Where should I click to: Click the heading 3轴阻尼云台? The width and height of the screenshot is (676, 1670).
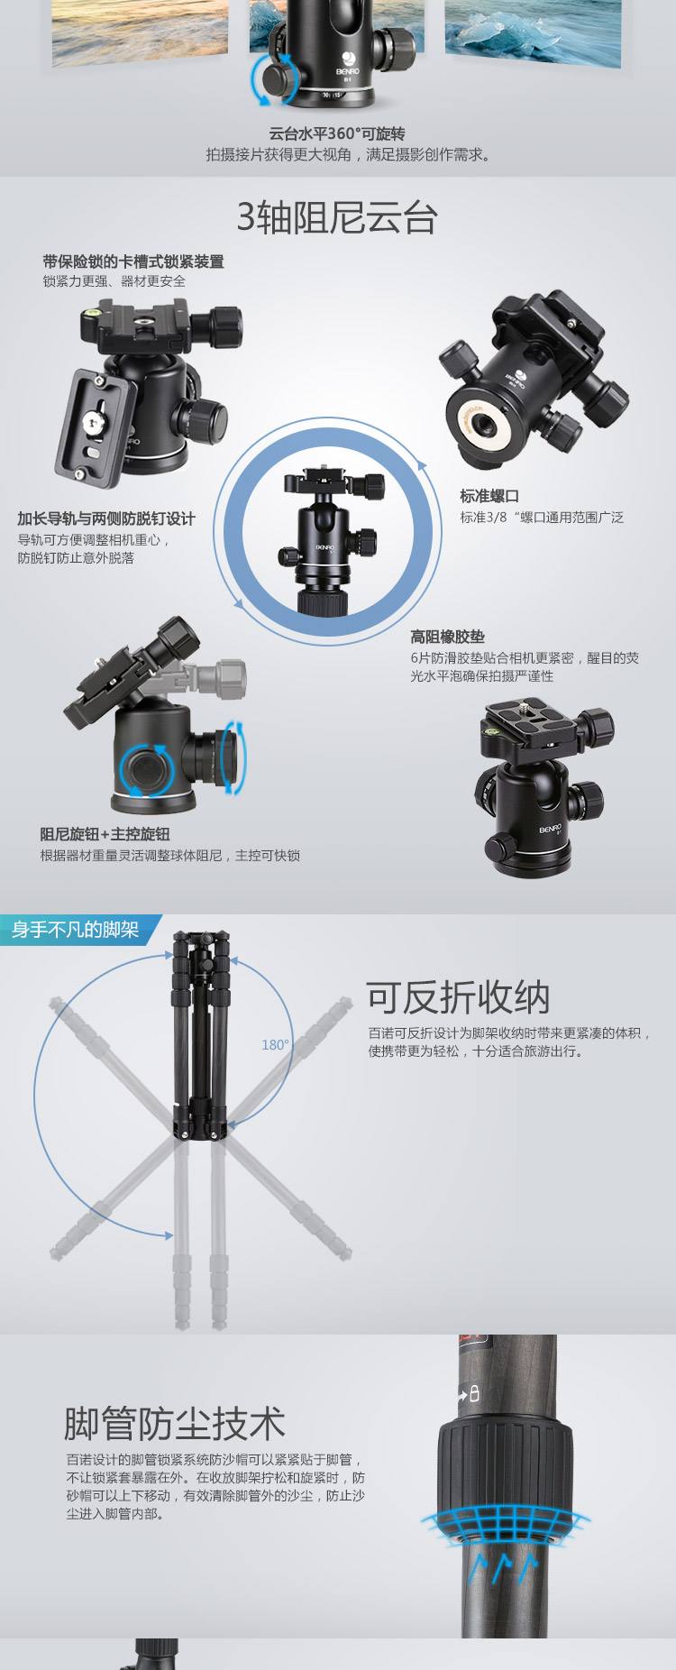337,217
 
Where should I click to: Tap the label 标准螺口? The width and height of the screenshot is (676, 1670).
489,496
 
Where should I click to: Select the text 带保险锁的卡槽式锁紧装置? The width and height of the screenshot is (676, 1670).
133,262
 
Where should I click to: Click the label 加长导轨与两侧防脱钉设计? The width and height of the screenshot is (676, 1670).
106,518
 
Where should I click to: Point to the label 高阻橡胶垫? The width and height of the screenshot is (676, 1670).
447,637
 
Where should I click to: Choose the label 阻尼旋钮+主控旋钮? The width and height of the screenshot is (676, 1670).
105,834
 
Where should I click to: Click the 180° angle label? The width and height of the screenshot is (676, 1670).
275,1044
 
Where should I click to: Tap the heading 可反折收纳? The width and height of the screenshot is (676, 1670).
458,997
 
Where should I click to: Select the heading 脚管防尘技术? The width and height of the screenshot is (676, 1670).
175,1423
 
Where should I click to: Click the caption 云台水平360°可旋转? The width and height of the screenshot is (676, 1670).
337,133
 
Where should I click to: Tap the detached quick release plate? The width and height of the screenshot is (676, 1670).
95,427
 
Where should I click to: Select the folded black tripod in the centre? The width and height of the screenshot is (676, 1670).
202,1035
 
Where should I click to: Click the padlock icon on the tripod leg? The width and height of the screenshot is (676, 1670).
474,1393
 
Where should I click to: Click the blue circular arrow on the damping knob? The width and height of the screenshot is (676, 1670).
145,770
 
